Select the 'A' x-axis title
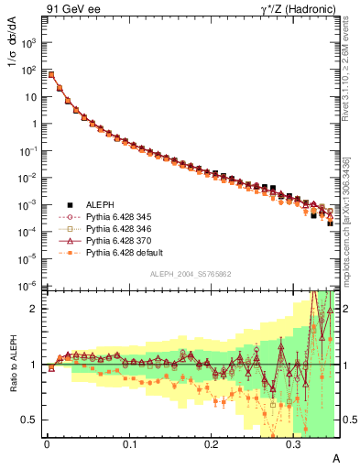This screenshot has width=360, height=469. pos(335,458)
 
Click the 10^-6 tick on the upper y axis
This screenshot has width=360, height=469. pos(28,286)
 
